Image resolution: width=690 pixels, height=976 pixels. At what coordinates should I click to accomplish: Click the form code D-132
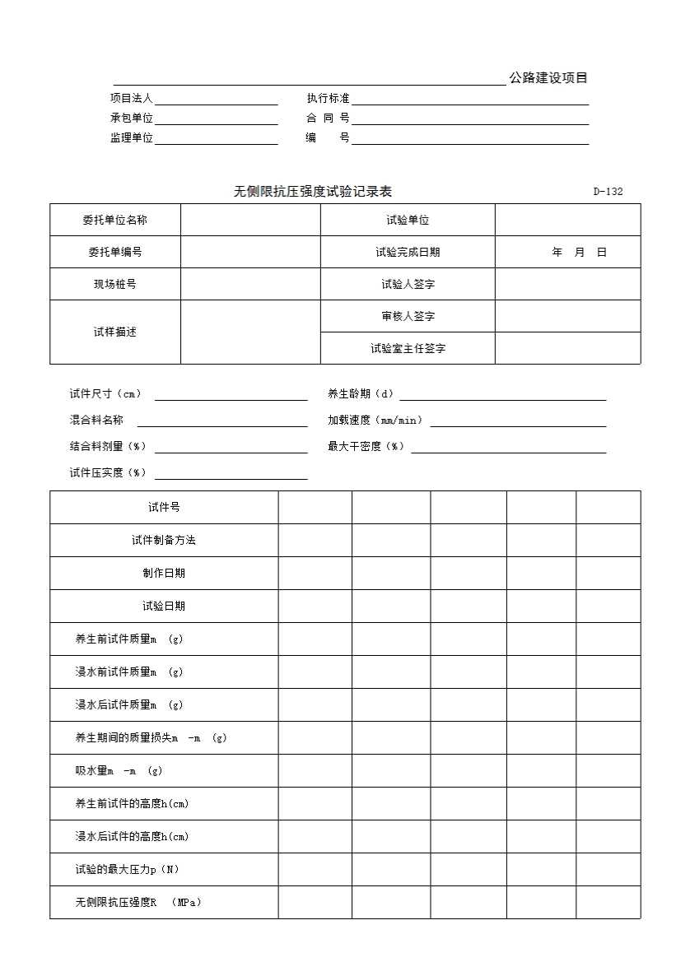[608, 192]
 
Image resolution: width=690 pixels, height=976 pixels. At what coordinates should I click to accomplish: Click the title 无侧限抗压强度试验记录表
[313, 192]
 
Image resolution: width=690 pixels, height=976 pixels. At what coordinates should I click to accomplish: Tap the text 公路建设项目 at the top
[548, 78]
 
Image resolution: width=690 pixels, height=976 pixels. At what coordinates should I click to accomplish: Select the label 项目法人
[132, 98]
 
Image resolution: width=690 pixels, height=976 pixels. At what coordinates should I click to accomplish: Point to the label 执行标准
[328, 98]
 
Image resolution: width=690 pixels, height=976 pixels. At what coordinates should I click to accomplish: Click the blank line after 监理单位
[217, 138]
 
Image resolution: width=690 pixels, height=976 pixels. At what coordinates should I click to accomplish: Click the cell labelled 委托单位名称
[115, 220]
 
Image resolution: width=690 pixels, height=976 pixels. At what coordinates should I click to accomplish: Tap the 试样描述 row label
[115, 332]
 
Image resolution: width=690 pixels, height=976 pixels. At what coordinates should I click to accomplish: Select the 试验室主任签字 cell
[408, 348]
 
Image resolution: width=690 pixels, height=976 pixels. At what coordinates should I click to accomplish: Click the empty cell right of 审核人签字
[567, 316]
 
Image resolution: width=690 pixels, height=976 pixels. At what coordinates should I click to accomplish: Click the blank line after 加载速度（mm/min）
[518, 421]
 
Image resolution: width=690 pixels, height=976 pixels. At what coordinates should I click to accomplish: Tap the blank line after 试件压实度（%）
[231, 473]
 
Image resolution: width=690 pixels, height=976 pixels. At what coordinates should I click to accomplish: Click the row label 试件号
[164, 507]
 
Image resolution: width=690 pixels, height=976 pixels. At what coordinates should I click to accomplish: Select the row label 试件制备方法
[164, 540]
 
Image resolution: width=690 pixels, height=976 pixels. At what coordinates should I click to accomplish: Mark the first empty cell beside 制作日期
[315, 573]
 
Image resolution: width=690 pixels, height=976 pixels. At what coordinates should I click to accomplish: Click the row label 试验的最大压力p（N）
[127, 869]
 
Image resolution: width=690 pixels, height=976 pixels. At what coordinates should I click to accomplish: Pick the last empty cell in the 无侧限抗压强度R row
[608, 902]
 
